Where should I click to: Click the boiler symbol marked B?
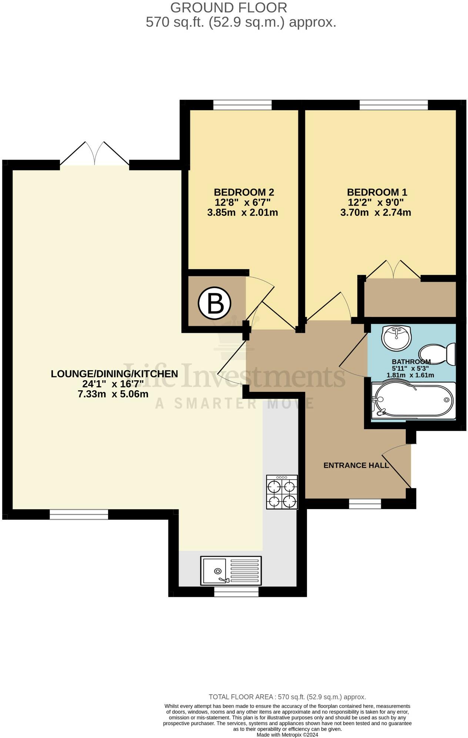coord(214,303)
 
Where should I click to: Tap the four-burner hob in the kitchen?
coord(282,492)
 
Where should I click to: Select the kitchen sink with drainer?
coord(231,571)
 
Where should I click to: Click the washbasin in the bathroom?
coord(397,338)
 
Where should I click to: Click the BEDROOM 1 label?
coord(377,192)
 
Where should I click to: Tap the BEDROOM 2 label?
coord(244,192)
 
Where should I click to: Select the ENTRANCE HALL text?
coord(356,465)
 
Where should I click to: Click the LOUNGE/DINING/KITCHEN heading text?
coord(114,374)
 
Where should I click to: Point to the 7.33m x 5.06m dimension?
coord(113,394)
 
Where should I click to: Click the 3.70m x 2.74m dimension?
coord(375,213)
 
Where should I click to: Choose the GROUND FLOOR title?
coord(228,7)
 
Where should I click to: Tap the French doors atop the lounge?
coord(95,155)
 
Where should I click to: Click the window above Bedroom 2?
coord(242,105)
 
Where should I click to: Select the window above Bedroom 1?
coord(393,105)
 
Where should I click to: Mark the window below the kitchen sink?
coord(236,592)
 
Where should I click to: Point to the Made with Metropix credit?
coord(287,735)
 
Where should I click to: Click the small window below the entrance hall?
coord(365,504)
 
